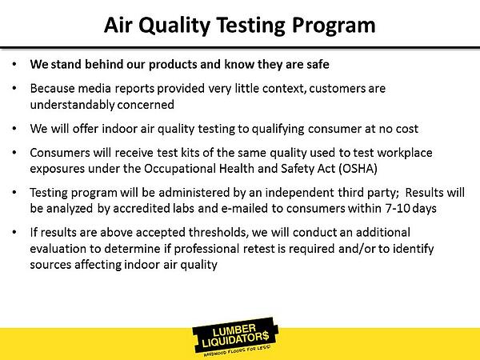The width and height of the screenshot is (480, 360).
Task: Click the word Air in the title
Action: tap(118, 25)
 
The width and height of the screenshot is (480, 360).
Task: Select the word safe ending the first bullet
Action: tap(318, 64)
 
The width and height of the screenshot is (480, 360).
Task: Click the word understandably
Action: tap(72, 105)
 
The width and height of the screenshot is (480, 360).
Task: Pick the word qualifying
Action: tap(278, 129)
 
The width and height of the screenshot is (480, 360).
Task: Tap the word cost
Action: tap(406, 129)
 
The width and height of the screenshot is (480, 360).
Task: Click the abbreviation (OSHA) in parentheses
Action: tap(358, 169)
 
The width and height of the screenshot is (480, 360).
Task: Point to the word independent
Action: tap(299, 193)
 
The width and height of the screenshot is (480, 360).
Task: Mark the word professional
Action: tap(206, 249)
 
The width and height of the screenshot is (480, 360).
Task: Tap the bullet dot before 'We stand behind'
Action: tap(14, 64)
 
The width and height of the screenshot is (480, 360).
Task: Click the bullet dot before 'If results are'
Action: tap(14, 232)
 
